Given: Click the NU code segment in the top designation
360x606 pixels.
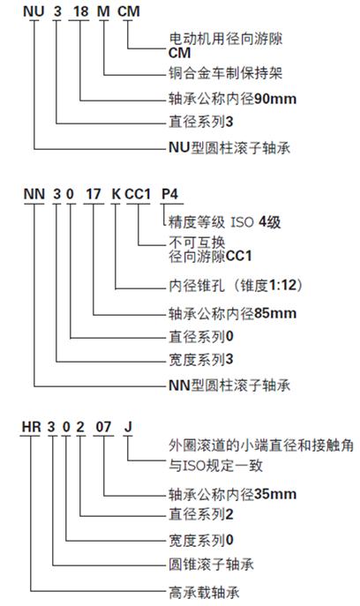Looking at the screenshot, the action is (34, 11).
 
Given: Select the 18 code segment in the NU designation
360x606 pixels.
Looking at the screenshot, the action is (81, 11).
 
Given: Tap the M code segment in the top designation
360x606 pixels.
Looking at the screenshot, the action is (103, 11).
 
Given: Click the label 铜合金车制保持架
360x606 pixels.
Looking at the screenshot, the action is (225, 73).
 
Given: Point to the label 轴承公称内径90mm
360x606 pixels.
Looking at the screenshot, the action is (232, 99).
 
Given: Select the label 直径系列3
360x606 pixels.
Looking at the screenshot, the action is (201, 122).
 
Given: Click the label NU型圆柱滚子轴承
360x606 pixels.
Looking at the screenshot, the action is (229, 147).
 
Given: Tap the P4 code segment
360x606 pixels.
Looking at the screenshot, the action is (169, 194).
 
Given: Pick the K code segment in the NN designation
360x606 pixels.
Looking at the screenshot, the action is (116, 194).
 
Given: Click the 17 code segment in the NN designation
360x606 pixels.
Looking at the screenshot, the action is (94, 194).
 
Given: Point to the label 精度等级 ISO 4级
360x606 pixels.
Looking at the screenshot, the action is (225, 222).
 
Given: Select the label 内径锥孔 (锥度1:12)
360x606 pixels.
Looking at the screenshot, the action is (236, 286).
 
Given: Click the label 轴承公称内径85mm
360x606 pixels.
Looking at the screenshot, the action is (232, 312).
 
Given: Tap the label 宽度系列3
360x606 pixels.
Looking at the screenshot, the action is (201, 359).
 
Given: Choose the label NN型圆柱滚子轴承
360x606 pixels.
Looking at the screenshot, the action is (229, 385).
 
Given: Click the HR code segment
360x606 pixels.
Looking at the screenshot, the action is (31, 427).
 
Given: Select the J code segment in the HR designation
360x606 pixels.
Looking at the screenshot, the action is (128, 427).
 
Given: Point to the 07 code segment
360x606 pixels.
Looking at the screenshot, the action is (103, 427).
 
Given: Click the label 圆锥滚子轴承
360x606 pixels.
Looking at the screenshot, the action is (211, 565).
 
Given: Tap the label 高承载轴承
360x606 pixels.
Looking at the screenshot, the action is (204, 592).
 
